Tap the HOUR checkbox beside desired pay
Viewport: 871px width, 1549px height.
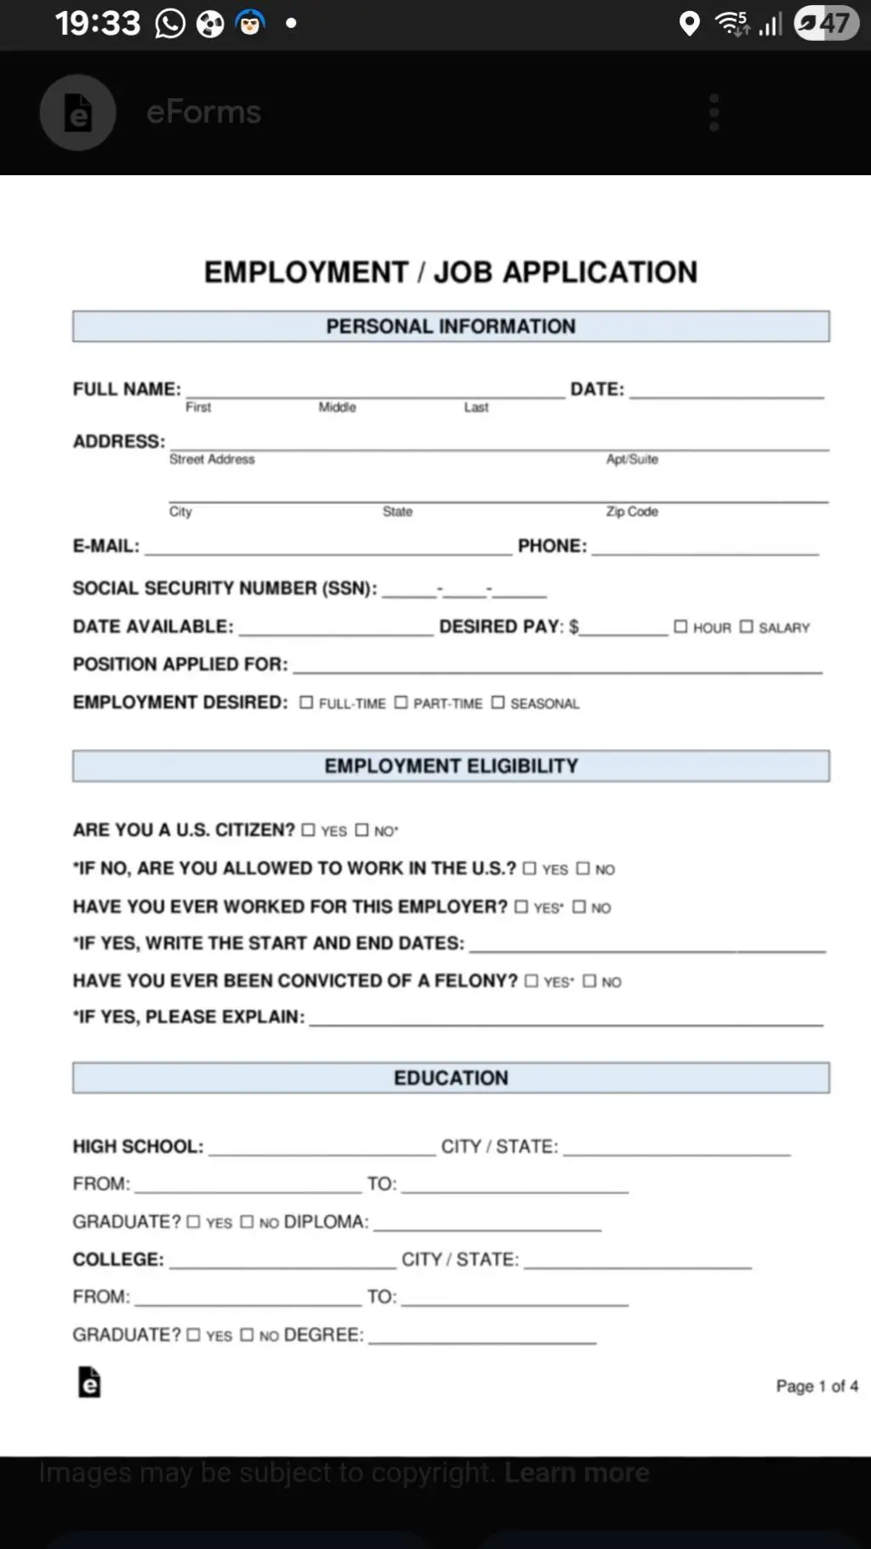tap(680, 627)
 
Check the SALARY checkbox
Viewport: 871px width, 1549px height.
tap(746, 627)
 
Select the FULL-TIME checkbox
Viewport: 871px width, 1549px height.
tap(306, 703)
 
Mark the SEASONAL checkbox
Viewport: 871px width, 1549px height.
tap(498, 703)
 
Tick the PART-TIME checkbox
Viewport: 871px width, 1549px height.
tap(401, 703)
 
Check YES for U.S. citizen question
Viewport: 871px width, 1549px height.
tap(308, 830)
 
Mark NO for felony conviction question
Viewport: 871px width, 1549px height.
tap(589, 982)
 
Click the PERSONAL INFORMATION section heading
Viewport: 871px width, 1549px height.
tap(451, 327)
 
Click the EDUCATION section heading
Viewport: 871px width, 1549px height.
tap(451, 1078)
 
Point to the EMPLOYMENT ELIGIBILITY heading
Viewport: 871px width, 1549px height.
tap(451, 766)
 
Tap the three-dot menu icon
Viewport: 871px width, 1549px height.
tap(714, 112)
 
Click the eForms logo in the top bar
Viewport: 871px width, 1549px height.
tap(78, 112)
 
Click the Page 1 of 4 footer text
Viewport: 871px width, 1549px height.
tap(817, 1387)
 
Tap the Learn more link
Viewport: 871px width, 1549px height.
tap(577, 1472)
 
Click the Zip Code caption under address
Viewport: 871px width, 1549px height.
tap(632, 511)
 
